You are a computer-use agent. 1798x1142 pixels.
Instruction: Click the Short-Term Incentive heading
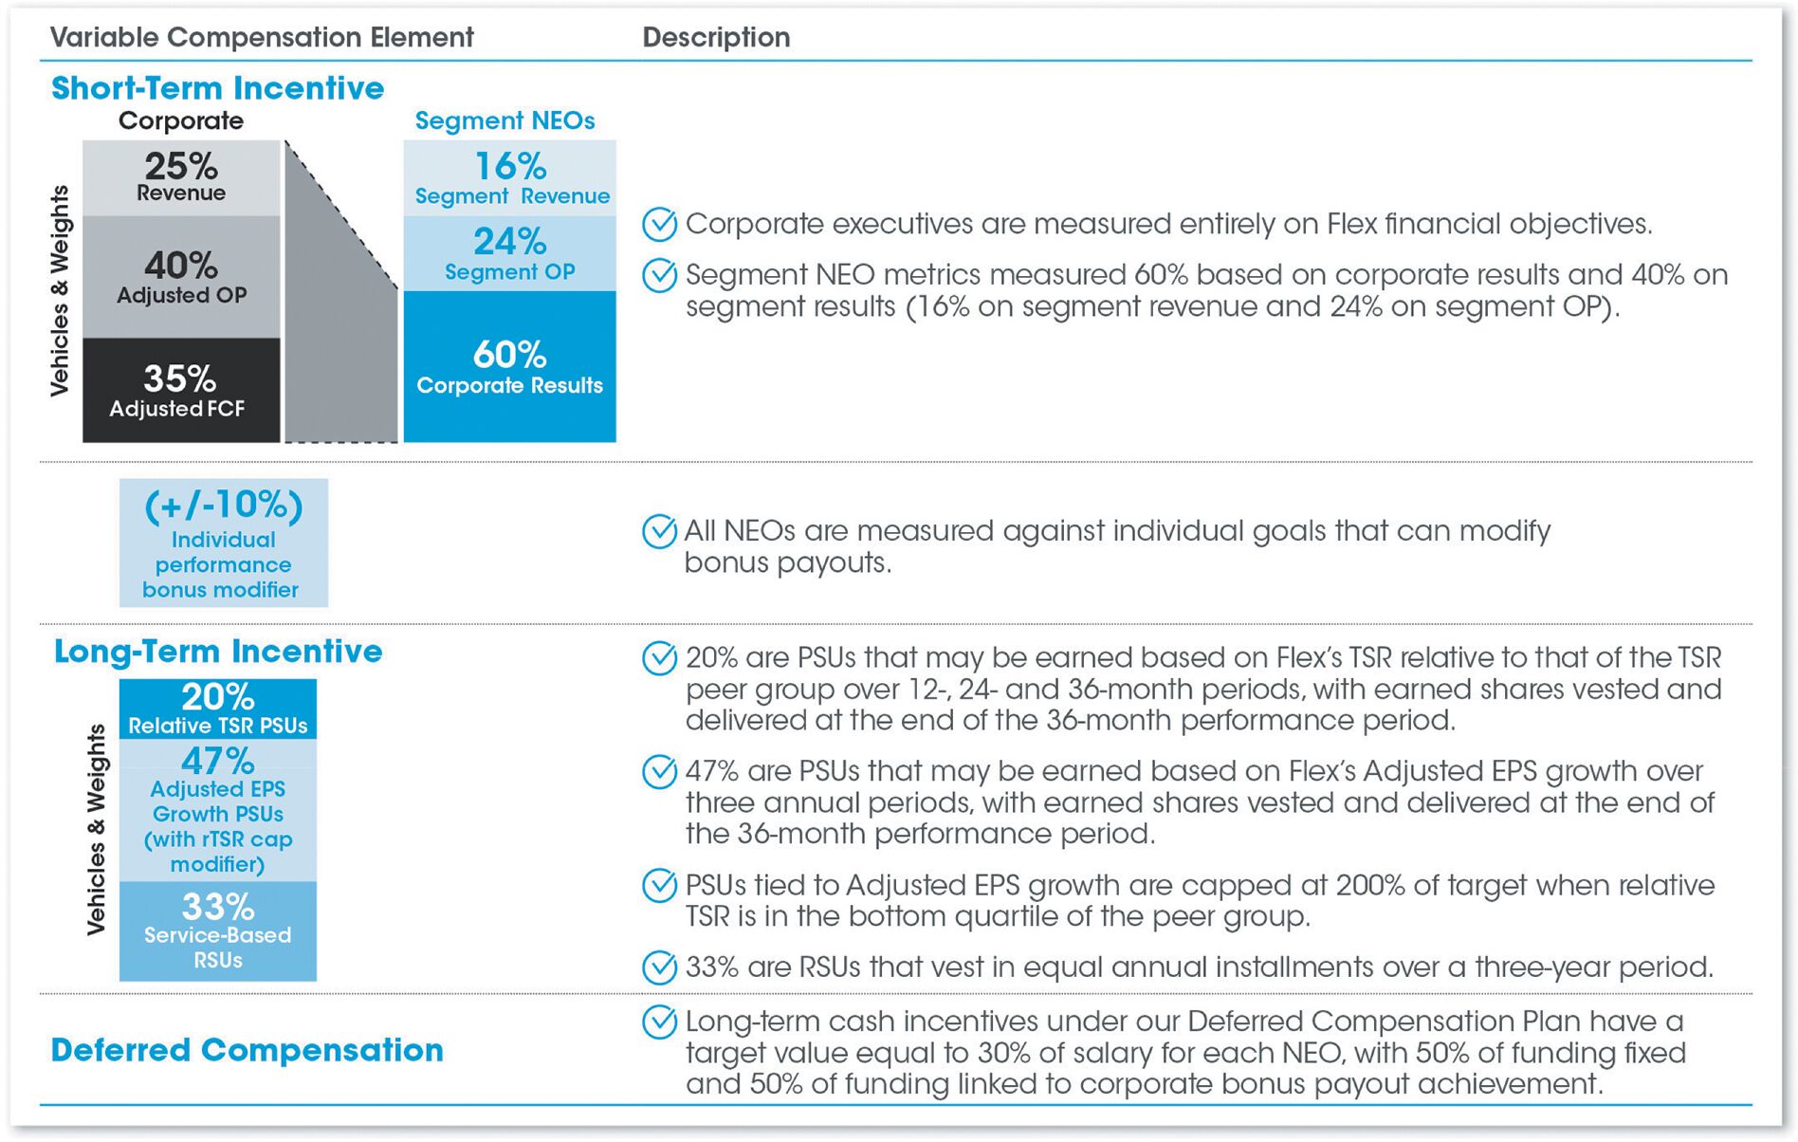coord(217,88)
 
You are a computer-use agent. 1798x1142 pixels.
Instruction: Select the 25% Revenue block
coord(181,177)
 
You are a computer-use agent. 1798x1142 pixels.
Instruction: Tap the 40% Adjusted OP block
coord(181,276)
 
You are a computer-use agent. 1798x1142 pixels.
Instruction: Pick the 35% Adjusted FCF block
coord(181,390)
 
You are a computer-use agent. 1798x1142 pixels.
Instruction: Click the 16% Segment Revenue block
coord(510,178)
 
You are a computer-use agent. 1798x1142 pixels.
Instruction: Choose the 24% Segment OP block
coord(510,253)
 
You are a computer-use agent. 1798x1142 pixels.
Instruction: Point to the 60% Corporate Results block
coord(510,366)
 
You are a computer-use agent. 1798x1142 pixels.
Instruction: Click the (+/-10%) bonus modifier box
coord(224,543)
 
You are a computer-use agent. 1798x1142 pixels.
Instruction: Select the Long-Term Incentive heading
coord(218,652)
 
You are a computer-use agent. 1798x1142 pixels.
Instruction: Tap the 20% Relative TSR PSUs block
coord(218,709)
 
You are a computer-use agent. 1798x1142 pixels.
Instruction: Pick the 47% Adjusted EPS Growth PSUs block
coord(218,810)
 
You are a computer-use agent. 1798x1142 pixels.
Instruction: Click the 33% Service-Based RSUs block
coord(218,931)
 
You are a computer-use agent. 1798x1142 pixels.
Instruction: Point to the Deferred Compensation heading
coord(247,1050)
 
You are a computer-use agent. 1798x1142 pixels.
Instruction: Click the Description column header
coord(716,37)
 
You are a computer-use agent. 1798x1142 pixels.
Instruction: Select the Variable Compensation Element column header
coord(262,37)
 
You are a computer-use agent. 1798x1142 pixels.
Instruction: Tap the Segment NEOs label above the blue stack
coord(505,120)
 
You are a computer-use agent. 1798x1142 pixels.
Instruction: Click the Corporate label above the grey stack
coord(181,120)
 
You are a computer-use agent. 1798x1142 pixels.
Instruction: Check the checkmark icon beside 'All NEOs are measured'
coord(660,531)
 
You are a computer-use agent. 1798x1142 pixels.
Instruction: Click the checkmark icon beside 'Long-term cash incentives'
coord(660,1022)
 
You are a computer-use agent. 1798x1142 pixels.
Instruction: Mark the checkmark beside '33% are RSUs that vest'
coord(660,967)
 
